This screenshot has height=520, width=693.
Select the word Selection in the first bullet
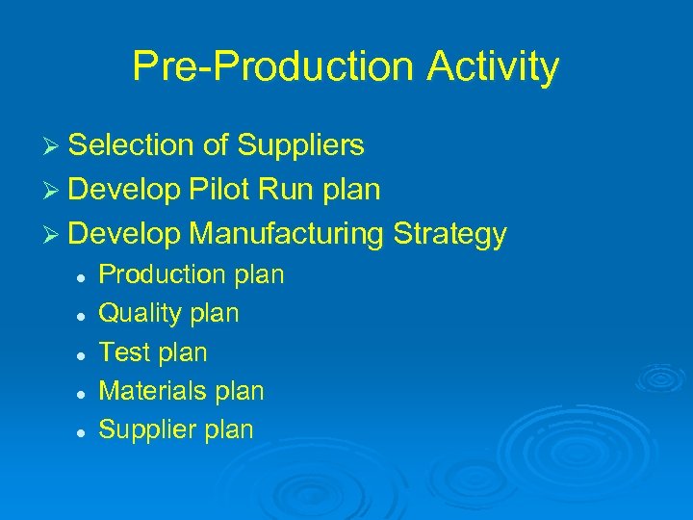click(135, 145)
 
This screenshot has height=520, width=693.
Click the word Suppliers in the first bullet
click(300, 145)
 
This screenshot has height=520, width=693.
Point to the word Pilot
click(218, 190)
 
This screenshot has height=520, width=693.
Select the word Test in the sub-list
click(124, 352)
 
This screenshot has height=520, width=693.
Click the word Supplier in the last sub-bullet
click(145, 429)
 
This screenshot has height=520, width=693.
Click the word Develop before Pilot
click(124, 190)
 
